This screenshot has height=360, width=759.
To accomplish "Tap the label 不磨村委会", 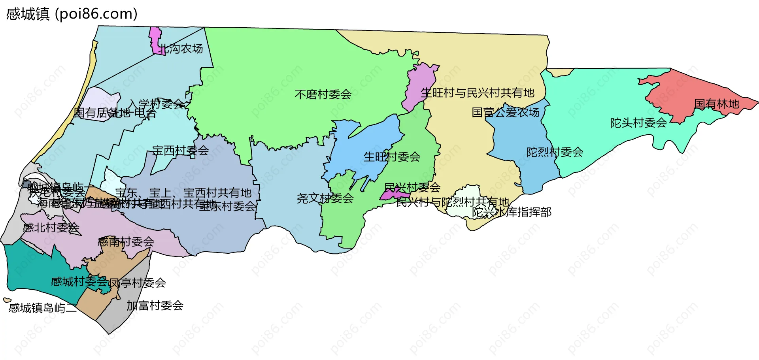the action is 323,94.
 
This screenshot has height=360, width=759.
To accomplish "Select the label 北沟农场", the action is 181,49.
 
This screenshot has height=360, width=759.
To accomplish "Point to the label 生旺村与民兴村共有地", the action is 478,93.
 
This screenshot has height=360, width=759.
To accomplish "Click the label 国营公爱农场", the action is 506,113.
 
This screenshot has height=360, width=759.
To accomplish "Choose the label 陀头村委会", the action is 638,123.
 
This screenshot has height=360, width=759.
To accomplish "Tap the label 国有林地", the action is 716,104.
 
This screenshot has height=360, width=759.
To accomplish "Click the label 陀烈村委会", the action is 555,152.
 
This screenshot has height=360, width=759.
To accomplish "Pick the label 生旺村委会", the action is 392,157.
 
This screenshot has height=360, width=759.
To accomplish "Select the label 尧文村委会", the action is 325,198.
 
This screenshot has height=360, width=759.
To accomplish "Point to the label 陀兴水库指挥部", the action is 512,212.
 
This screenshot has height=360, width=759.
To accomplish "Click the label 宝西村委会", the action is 181,151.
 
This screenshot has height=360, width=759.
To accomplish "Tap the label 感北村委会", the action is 51,228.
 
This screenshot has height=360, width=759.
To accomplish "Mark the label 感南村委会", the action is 126,242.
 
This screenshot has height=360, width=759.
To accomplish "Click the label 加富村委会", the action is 155,305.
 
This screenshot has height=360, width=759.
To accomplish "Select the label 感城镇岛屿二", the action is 43,308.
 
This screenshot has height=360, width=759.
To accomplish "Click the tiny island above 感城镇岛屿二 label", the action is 7,300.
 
